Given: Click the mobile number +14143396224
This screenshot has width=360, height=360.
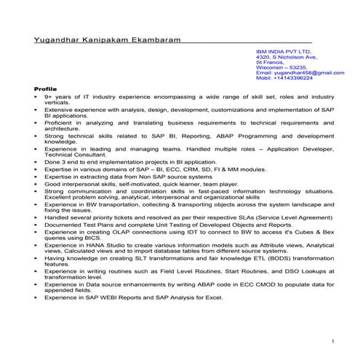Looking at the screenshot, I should click(x=295, y=78).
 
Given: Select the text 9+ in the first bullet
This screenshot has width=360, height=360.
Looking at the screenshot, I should click(x=47, y=96).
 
